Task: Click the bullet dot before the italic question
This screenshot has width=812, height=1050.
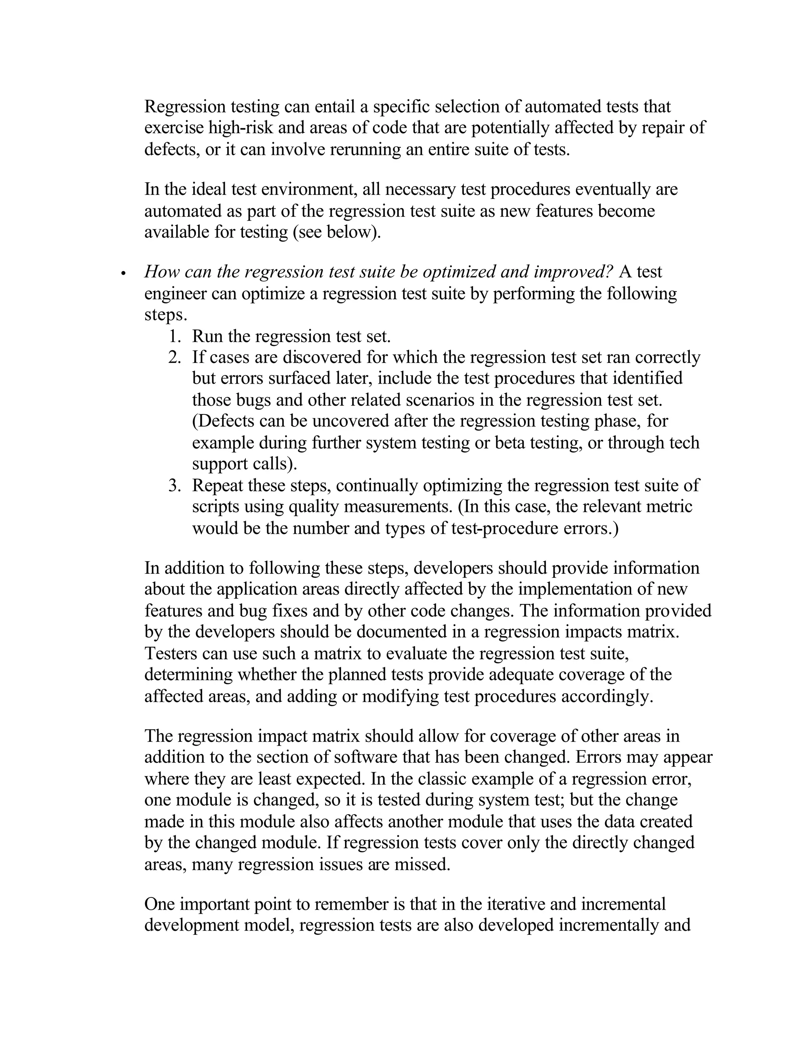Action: tap(124, 273)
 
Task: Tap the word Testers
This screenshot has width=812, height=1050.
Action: tap(171, 654)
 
